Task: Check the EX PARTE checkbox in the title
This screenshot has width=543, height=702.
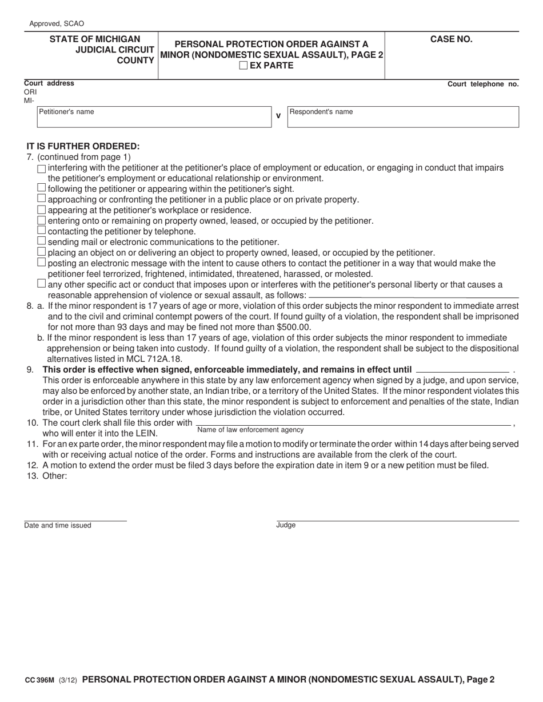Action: (243, 65)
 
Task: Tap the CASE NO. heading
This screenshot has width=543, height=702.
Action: (451, 39)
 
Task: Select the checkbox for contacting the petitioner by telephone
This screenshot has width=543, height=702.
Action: (41, 231)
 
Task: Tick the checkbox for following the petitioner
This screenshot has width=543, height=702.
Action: (41, 188)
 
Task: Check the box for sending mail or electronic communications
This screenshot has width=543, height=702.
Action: (41, 241)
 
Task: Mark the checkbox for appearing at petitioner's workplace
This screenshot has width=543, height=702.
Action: (41, 209)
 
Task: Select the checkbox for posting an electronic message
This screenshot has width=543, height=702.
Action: (41, 263)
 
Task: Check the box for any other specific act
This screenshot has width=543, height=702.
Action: (41, 284)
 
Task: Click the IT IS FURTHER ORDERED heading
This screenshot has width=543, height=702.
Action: (83, 146)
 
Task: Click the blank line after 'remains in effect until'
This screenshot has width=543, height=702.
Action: (462, 370)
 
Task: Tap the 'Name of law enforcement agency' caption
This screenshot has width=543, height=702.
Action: (250, 430)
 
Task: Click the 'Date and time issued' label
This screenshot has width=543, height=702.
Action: (57, 525)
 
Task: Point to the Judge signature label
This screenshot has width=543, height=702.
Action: (286, 525)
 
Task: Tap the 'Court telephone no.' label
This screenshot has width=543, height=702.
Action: (482, 84)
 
